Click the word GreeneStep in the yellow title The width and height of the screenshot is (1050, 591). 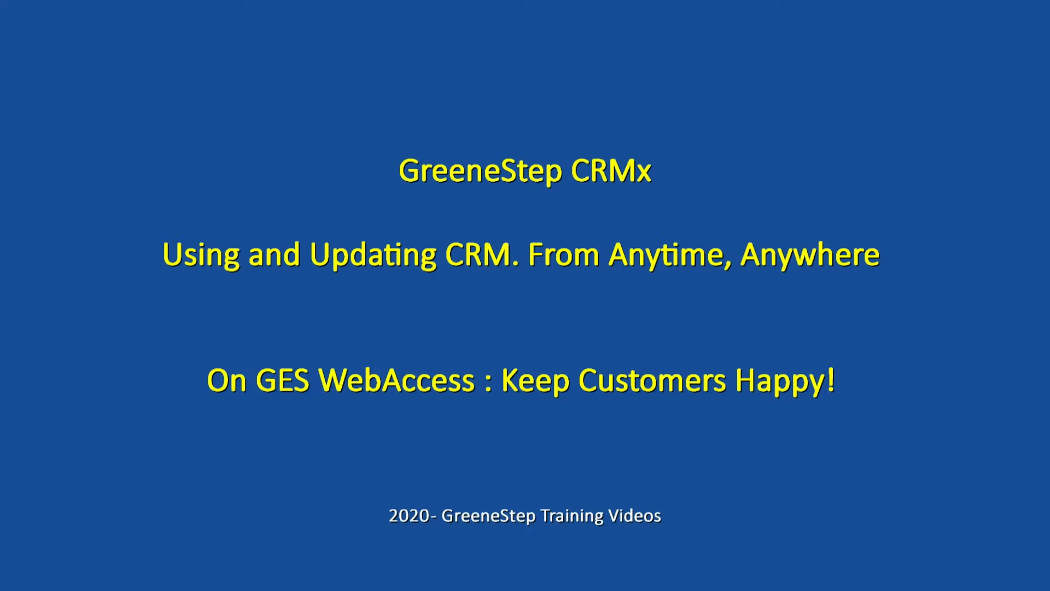(x=480, y=171)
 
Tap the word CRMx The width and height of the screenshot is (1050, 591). (x=611, y=171)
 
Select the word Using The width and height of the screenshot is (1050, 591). (x=201, y=256)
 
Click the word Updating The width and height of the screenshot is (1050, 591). (x=373, y=256)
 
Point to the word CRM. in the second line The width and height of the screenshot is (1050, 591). (x=482, y=255)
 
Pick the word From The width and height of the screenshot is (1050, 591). (x=563, y=255)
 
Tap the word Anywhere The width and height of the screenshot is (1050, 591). (x=810, y=256)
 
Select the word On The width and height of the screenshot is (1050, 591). (x=226, y=381)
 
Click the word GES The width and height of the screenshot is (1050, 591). (x=283, y=381)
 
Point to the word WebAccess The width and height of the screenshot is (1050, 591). (x=396, y=381)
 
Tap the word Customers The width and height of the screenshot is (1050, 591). (x=652, y=381)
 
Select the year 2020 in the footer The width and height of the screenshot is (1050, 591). (x=409, y=516)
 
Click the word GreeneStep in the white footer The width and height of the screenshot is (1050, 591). (x=488, y=517)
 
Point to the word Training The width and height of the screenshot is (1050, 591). (x=572, y=517)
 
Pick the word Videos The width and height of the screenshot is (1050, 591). (x=635, y=516)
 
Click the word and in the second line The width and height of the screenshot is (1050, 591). (x=275, y=256)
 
